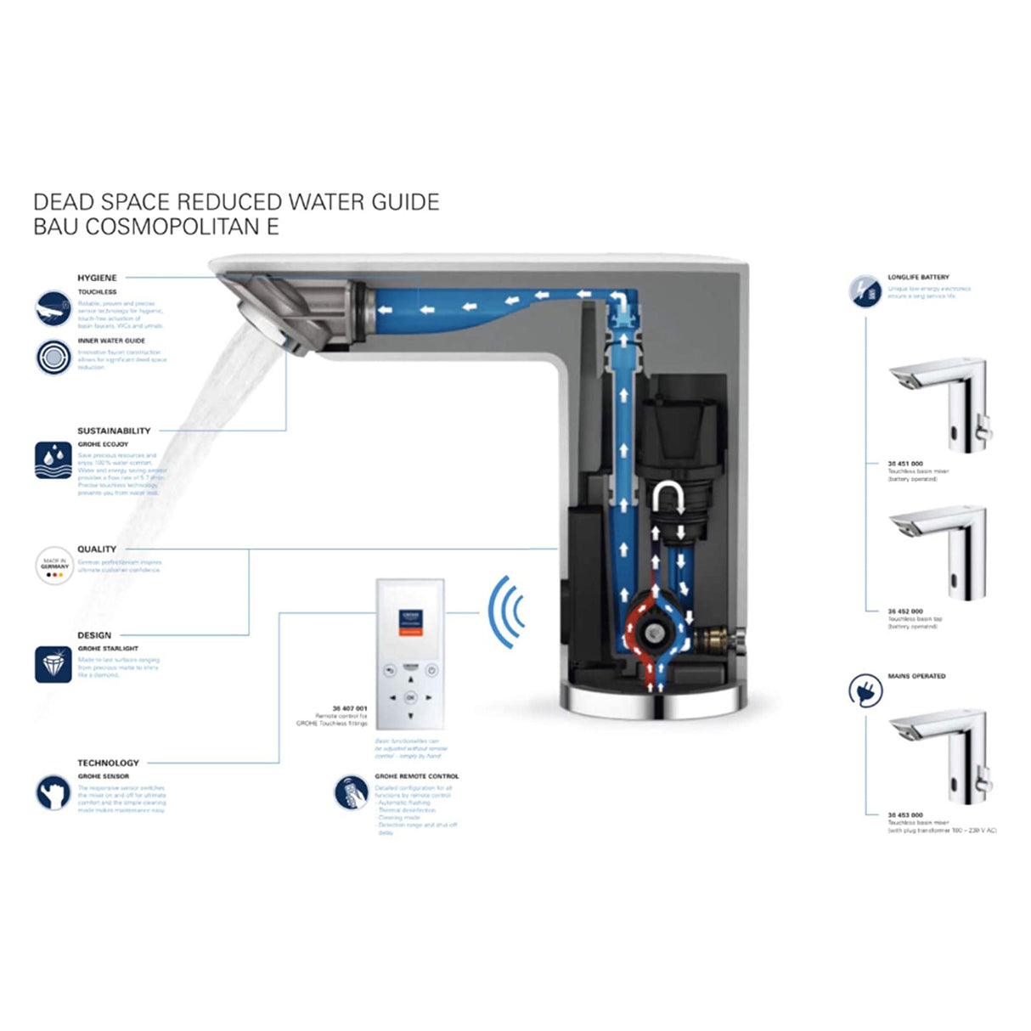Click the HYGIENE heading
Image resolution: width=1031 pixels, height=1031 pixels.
click(x=97, y=278)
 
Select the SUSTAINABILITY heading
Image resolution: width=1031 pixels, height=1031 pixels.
click(x=114, y=431)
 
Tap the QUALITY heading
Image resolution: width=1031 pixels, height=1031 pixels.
click(x=97, y=549)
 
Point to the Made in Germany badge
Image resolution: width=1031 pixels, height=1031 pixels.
click(x=54, y=566)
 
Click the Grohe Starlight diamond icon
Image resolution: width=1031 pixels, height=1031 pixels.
click(x=53, y=664)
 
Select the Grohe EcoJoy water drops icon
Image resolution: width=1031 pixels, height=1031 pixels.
click(x=53, y=459)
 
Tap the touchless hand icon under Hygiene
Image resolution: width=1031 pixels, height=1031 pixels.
click(x=53, y=307)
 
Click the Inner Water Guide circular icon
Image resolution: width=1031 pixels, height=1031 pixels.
click(x=53, y=357)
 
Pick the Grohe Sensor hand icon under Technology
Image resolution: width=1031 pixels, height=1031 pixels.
click(x=53, y=792)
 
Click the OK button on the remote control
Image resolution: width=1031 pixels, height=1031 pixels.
click(x=410, y=697)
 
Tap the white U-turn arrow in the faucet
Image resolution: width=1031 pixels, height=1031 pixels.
click(x=667, y=497)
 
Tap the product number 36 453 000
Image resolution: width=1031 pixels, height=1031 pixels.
click(x=905, y=814)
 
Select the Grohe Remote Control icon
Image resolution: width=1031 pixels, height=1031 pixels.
click(x=351, y=792)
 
